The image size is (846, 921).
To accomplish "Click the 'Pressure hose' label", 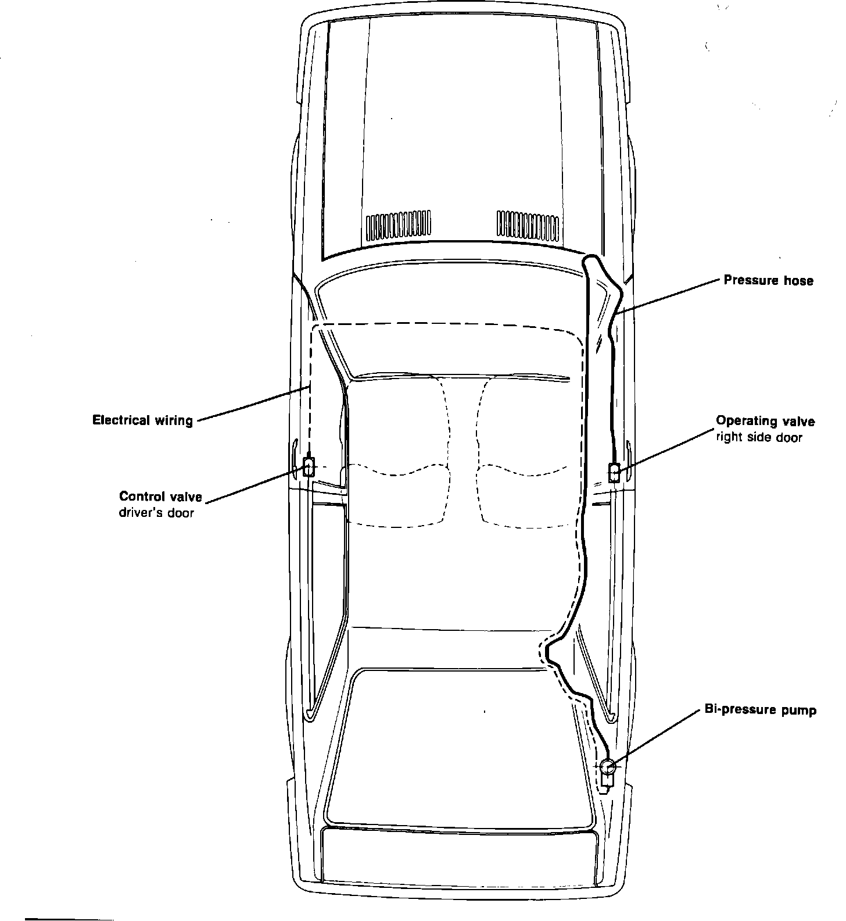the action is (768, 281).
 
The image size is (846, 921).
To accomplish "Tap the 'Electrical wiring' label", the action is (143, 420).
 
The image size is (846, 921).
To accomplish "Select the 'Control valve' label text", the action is (160, 497).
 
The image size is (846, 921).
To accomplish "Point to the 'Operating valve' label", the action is (765, 421).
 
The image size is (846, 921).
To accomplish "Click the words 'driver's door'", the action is (156, 513).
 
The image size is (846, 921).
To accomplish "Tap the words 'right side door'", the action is (758, 437).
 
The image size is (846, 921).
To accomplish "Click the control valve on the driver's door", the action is (309, 467).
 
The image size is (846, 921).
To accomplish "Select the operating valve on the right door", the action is (614, 472).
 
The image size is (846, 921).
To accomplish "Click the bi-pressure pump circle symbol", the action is (608, 767).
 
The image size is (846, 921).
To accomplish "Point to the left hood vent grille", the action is (398, 227).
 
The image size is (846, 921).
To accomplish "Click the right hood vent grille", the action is (528, 226).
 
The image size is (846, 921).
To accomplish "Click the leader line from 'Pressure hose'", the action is (668, 297).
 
